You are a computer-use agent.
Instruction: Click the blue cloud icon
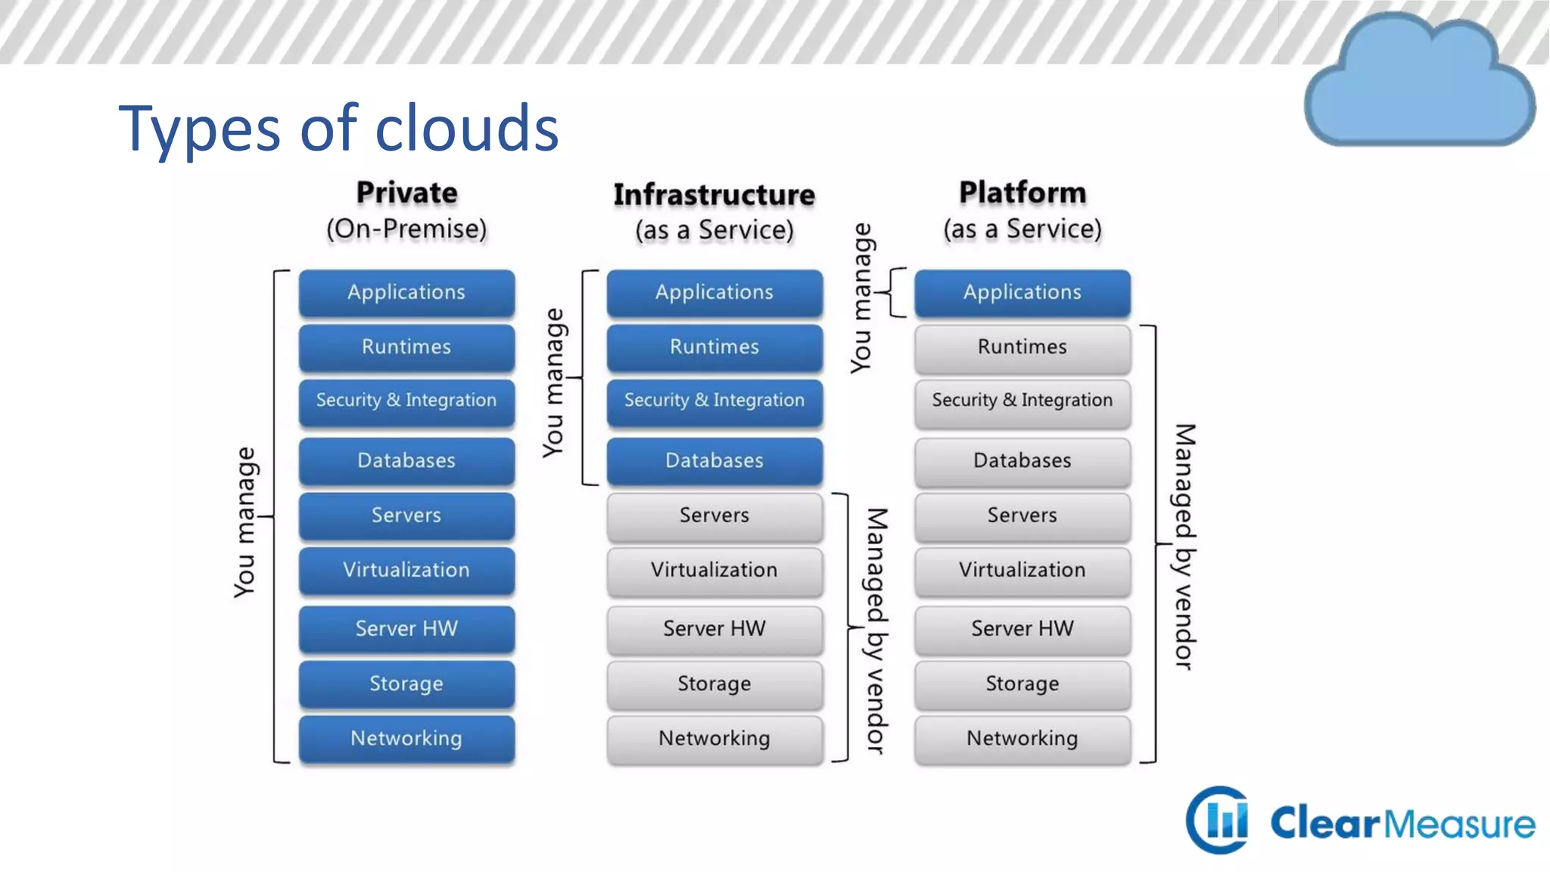1419,83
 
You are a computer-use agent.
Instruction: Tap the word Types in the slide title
199,129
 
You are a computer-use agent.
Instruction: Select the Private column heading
406,193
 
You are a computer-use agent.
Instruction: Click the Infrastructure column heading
714,195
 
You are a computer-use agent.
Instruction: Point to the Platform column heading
1022,193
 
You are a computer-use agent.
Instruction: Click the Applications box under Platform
1022,293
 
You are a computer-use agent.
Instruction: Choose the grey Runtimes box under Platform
1022,347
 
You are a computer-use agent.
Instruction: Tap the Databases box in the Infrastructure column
714,461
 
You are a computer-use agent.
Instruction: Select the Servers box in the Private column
406,515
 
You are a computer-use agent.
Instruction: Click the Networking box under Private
406,739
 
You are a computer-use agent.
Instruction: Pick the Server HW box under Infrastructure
714,629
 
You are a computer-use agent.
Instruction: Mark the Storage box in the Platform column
1022,684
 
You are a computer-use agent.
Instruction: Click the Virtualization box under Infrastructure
714,570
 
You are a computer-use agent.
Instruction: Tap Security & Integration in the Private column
406,400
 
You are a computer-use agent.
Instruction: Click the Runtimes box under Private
406,347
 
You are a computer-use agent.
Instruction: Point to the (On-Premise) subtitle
406,229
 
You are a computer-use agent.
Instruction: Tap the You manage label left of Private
245,522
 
